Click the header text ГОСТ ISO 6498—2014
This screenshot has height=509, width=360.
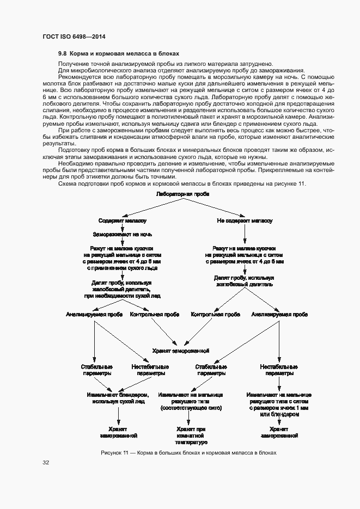74,36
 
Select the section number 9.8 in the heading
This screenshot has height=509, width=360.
62,54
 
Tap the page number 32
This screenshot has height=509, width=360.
46,463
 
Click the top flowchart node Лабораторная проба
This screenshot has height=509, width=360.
182,194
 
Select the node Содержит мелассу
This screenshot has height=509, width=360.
122,220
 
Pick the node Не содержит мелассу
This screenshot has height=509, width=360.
245,220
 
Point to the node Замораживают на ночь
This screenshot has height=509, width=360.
122,234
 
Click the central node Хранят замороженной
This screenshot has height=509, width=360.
181,351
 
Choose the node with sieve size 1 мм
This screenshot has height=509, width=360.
279,407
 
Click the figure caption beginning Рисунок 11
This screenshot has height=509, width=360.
189,452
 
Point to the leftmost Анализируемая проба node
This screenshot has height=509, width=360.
94,315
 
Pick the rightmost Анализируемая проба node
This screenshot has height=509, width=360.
279,315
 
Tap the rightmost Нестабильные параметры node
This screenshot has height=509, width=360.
279,370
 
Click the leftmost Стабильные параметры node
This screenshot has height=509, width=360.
96,370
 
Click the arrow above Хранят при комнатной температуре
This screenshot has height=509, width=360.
188,418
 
